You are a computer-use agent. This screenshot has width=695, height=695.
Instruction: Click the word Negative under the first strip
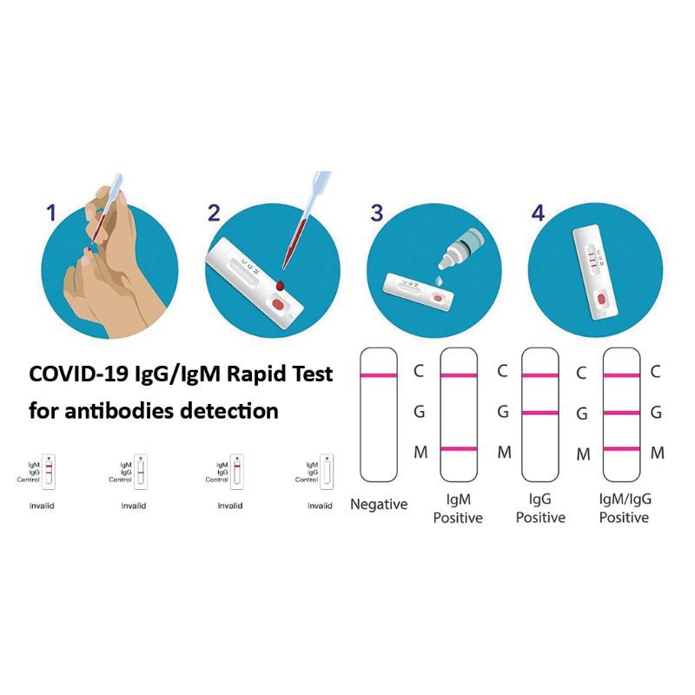point(379,505)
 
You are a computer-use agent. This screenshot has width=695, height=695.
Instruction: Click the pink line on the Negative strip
point(379,374)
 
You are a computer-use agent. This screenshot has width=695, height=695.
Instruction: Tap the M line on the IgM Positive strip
point(459,448)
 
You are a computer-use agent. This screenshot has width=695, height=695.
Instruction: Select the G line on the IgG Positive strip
point(539,412)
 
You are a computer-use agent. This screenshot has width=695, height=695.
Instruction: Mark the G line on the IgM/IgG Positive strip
point(622,412)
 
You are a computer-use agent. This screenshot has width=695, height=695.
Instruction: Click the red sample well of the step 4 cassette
point(600,301)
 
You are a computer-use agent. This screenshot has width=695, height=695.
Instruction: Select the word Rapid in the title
point(254,374)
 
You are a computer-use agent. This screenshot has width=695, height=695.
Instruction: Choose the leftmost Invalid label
point(42,506)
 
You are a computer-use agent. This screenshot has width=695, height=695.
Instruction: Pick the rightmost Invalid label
point(320,506)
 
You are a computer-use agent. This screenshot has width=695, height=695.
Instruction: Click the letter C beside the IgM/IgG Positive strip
point(657,372)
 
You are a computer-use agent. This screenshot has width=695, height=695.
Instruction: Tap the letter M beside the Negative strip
point(419,451)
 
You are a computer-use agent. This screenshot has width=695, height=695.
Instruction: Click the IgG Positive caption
point(540,509)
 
